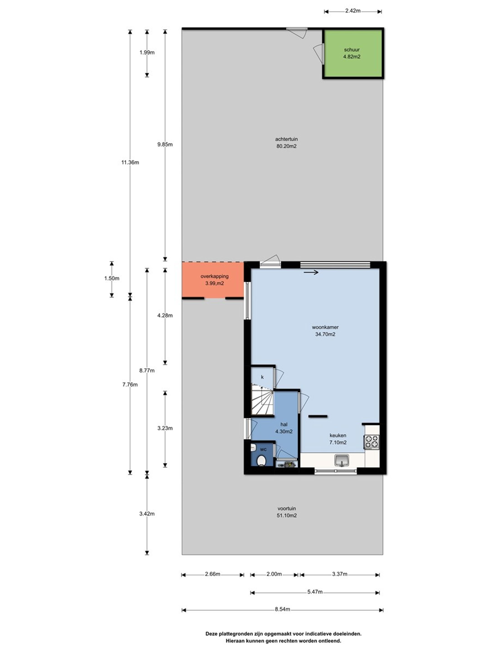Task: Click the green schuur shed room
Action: click(353, 54)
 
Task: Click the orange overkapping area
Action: click(213, 280)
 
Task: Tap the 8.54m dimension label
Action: click(282, 609)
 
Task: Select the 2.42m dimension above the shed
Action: click(353, 11)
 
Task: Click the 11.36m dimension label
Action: click(130, 162)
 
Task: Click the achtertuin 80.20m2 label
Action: click(286, 142)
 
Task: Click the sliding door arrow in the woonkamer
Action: click(311, 272)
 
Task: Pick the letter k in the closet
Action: click(262, 377)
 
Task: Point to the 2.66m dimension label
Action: click(212, 574)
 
